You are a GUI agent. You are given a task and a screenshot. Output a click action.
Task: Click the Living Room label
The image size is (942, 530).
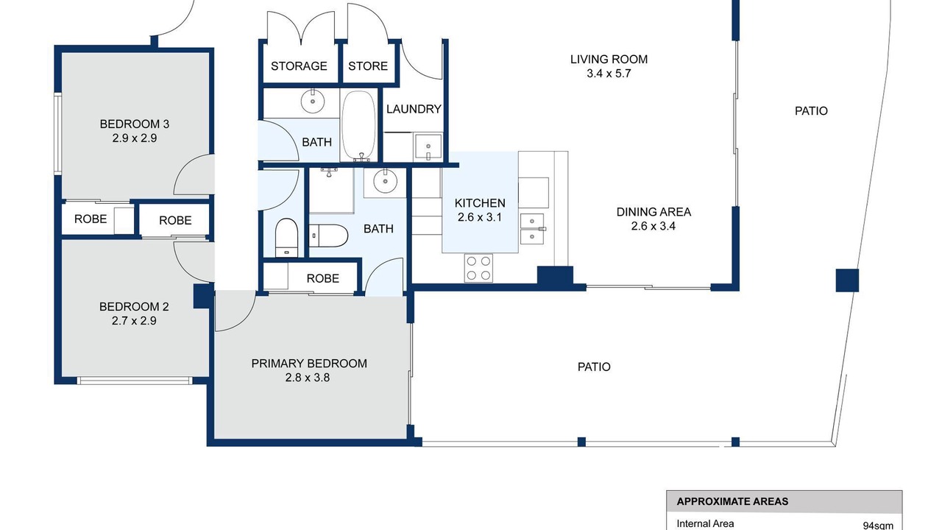coord(609,60)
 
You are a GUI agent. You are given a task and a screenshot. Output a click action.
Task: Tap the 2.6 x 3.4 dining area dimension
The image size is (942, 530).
coord(653,226)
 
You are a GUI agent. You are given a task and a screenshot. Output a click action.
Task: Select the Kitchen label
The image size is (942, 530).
coord(480,203)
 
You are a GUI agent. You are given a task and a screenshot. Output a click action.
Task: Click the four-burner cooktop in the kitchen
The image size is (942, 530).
coord(478,268)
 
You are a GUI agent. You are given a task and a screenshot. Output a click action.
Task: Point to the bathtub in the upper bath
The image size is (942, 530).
coord(358,125)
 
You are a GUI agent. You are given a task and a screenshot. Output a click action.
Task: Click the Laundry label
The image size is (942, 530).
coord(414,110)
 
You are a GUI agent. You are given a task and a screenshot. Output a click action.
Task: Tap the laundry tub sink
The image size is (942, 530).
coord(428,146)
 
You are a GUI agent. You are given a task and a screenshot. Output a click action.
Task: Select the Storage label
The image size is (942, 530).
coord(299,66)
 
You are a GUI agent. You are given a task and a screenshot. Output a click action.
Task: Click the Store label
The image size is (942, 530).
coord(367,66)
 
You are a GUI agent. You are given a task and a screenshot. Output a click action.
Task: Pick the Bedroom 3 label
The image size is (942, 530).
coord(134,124)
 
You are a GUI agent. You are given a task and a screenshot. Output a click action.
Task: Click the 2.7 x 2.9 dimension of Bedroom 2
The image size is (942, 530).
coord(134,321)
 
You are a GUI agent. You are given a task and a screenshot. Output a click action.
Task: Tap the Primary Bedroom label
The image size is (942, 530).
coord(308,364)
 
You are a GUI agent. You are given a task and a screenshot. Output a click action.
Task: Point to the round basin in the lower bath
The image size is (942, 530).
coord(385,181)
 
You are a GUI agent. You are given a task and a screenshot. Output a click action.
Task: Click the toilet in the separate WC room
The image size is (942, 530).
coord(286,238)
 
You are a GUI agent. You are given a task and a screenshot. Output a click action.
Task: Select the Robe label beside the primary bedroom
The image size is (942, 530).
coord(322,278)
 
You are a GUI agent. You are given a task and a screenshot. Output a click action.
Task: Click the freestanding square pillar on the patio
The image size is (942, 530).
coord(847,280)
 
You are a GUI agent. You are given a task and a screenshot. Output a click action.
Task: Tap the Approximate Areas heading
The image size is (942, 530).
coord(732,501)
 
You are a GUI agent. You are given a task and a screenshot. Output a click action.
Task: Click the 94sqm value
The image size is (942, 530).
coord(878,526)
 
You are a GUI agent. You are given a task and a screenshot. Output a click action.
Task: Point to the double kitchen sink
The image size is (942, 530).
coord(532,229)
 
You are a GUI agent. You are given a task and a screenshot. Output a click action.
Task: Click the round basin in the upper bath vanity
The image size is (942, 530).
coord(313,101)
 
